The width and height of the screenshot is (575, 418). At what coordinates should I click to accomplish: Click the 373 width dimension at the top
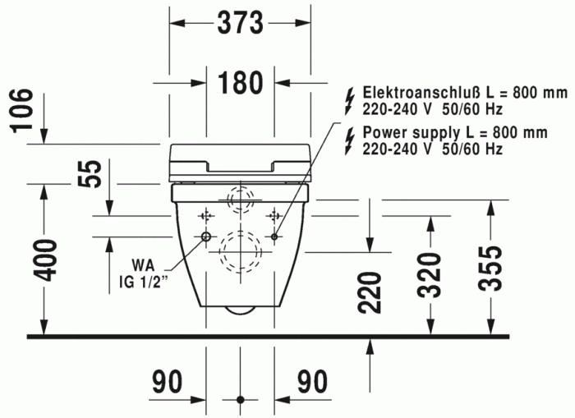[x=240, y=24]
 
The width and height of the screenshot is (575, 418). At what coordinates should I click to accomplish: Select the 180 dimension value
[x=240, y=83]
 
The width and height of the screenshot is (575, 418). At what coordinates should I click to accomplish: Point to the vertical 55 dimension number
[x=96, y=174]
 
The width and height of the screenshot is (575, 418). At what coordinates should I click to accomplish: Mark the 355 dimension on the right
[x=491, y=269]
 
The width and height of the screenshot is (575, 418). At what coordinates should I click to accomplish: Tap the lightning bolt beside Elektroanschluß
[x=351, y=100]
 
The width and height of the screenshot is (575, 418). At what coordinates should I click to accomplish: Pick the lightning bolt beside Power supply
[x=351, y=141]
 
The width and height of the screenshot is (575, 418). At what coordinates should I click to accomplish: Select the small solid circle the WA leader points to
[x=205, y=237]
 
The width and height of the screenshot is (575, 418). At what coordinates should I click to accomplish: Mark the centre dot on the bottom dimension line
[x=240, y=401]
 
